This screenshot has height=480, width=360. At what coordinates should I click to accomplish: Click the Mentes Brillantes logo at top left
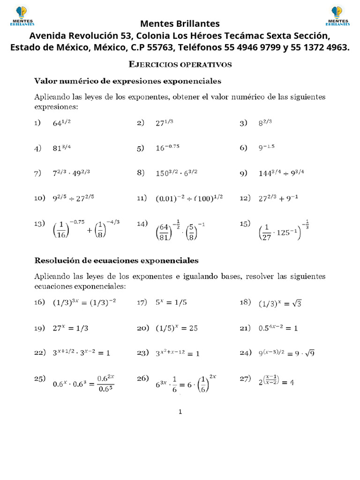22,15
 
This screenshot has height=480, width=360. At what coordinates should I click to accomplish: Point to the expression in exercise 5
167,148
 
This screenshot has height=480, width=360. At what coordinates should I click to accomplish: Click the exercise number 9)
243,173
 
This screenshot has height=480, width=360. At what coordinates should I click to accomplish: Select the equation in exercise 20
177,328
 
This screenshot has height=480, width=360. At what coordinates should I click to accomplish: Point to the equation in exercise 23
178,353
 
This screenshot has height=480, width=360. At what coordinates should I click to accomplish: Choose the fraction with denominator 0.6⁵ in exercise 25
105,383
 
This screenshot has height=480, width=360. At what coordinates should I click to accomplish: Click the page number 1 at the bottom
180,412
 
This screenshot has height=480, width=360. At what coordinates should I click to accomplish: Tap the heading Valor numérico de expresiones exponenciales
127,81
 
